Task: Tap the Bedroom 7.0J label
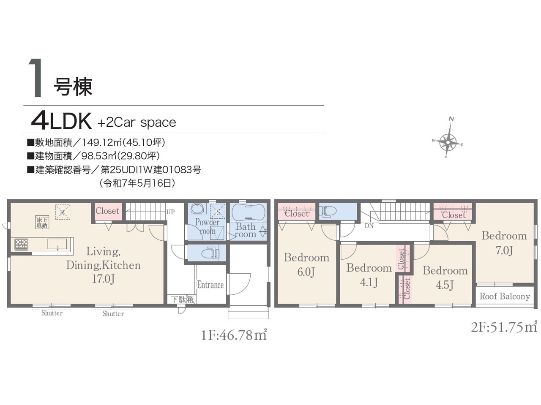coord(504,243)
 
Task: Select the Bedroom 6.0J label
coord(306,265)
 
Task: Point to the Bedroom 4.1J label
coord(369,275)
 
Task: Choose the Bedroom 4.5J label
coord(445,278)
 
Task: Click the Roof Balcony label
coord(505,296)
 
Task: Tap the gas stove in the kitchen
coord(22,245)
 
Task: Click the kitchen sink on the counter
coord(57,244)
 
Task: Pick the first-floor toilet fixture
coord(210,253)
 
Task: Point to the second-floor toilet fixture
coord(328,211)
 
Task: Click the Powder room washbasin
coord(197,209)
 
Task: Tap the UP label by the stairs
coord(170,212)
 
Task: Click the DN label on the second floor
coord(369,226)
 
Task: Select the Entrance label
coord(210,285)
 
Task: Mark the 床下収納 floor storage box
coord(42,222)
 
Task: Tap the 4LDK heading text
coord(61,121)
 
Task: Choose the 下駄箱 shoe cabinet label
coord(183,299)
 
